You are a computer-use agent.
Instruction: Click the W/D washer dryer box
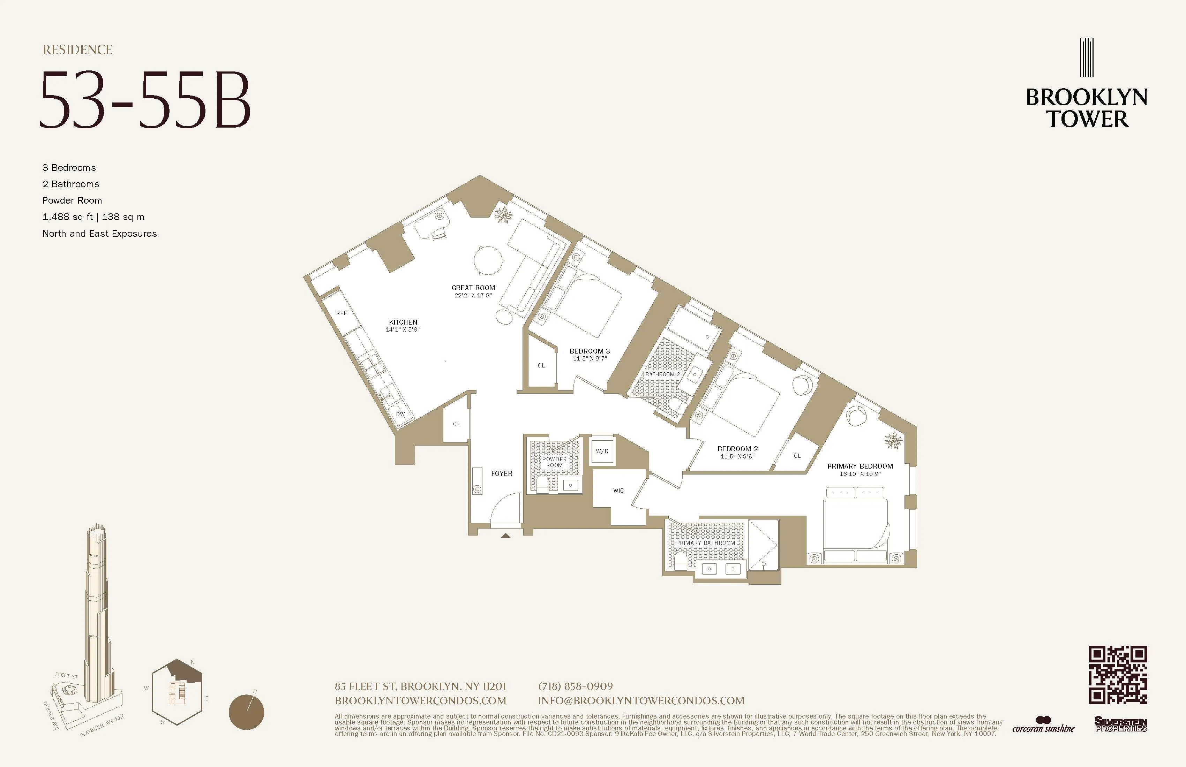click(x=602, y=451)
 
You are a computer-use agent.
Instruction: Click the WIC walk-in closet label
click(x=618, y=491)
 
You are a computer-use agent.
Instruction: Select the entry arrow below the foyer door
click(x=506, y=536)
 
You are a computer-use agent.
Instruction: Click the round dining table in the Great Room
click(x=488, y=260)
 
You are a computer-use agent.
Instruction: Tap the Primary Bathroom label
click(x=705, y=543)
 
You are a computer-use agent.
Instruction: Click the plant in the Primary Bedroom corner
click(x=893, y=440)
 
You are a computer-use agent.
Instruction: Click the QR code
click(x=1118, y=675)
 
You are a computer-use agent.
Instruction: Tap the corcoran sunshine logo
click(x=1043, y=726)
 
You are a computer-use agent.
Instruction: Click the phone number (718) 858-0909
click(x=576, y=686)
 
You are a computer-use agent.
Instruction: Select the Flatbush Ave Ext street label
click(x=102, y=727)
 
